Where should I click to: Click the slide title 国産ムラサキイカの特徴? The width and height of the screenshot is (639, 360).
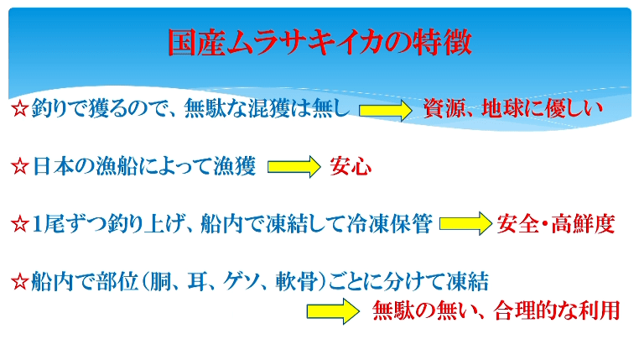(319, 43)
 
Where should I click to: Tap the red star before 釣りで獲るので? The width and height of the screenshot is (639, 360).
(19, 109)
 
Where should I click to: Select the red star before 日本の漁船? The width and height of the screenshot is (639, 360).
(19, 167)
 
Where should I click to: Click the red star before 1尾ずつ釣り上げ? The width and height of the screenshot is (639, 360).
(19, 225)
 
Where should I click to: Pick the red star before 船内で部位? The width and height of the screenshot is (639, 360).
(19, 282)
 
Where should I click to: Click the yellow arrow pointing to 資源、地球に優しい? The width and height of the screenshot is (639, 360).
(386, 110)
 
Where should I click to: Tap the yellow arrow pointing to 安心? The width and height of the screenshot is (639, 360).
(294, 167)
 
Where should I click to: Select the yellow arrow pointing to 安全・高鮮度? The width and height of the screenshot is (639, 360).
(465, 224)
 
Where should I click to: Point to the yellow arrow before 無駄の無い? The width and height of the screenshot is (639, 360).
(333, 311)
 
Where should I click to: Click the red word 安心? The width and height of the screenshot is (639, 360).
(351, 166)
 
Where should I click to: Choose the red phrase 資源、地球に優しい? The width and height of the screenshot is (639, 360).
(512, 109)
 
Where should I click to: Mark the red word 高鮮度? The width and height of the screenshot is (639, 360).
(583, 224)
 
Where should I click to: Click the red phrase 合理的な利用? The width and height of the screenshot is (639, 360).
(557, 310)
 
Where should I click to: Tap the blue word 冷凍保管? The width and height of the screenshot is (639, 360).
(390, 224)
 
